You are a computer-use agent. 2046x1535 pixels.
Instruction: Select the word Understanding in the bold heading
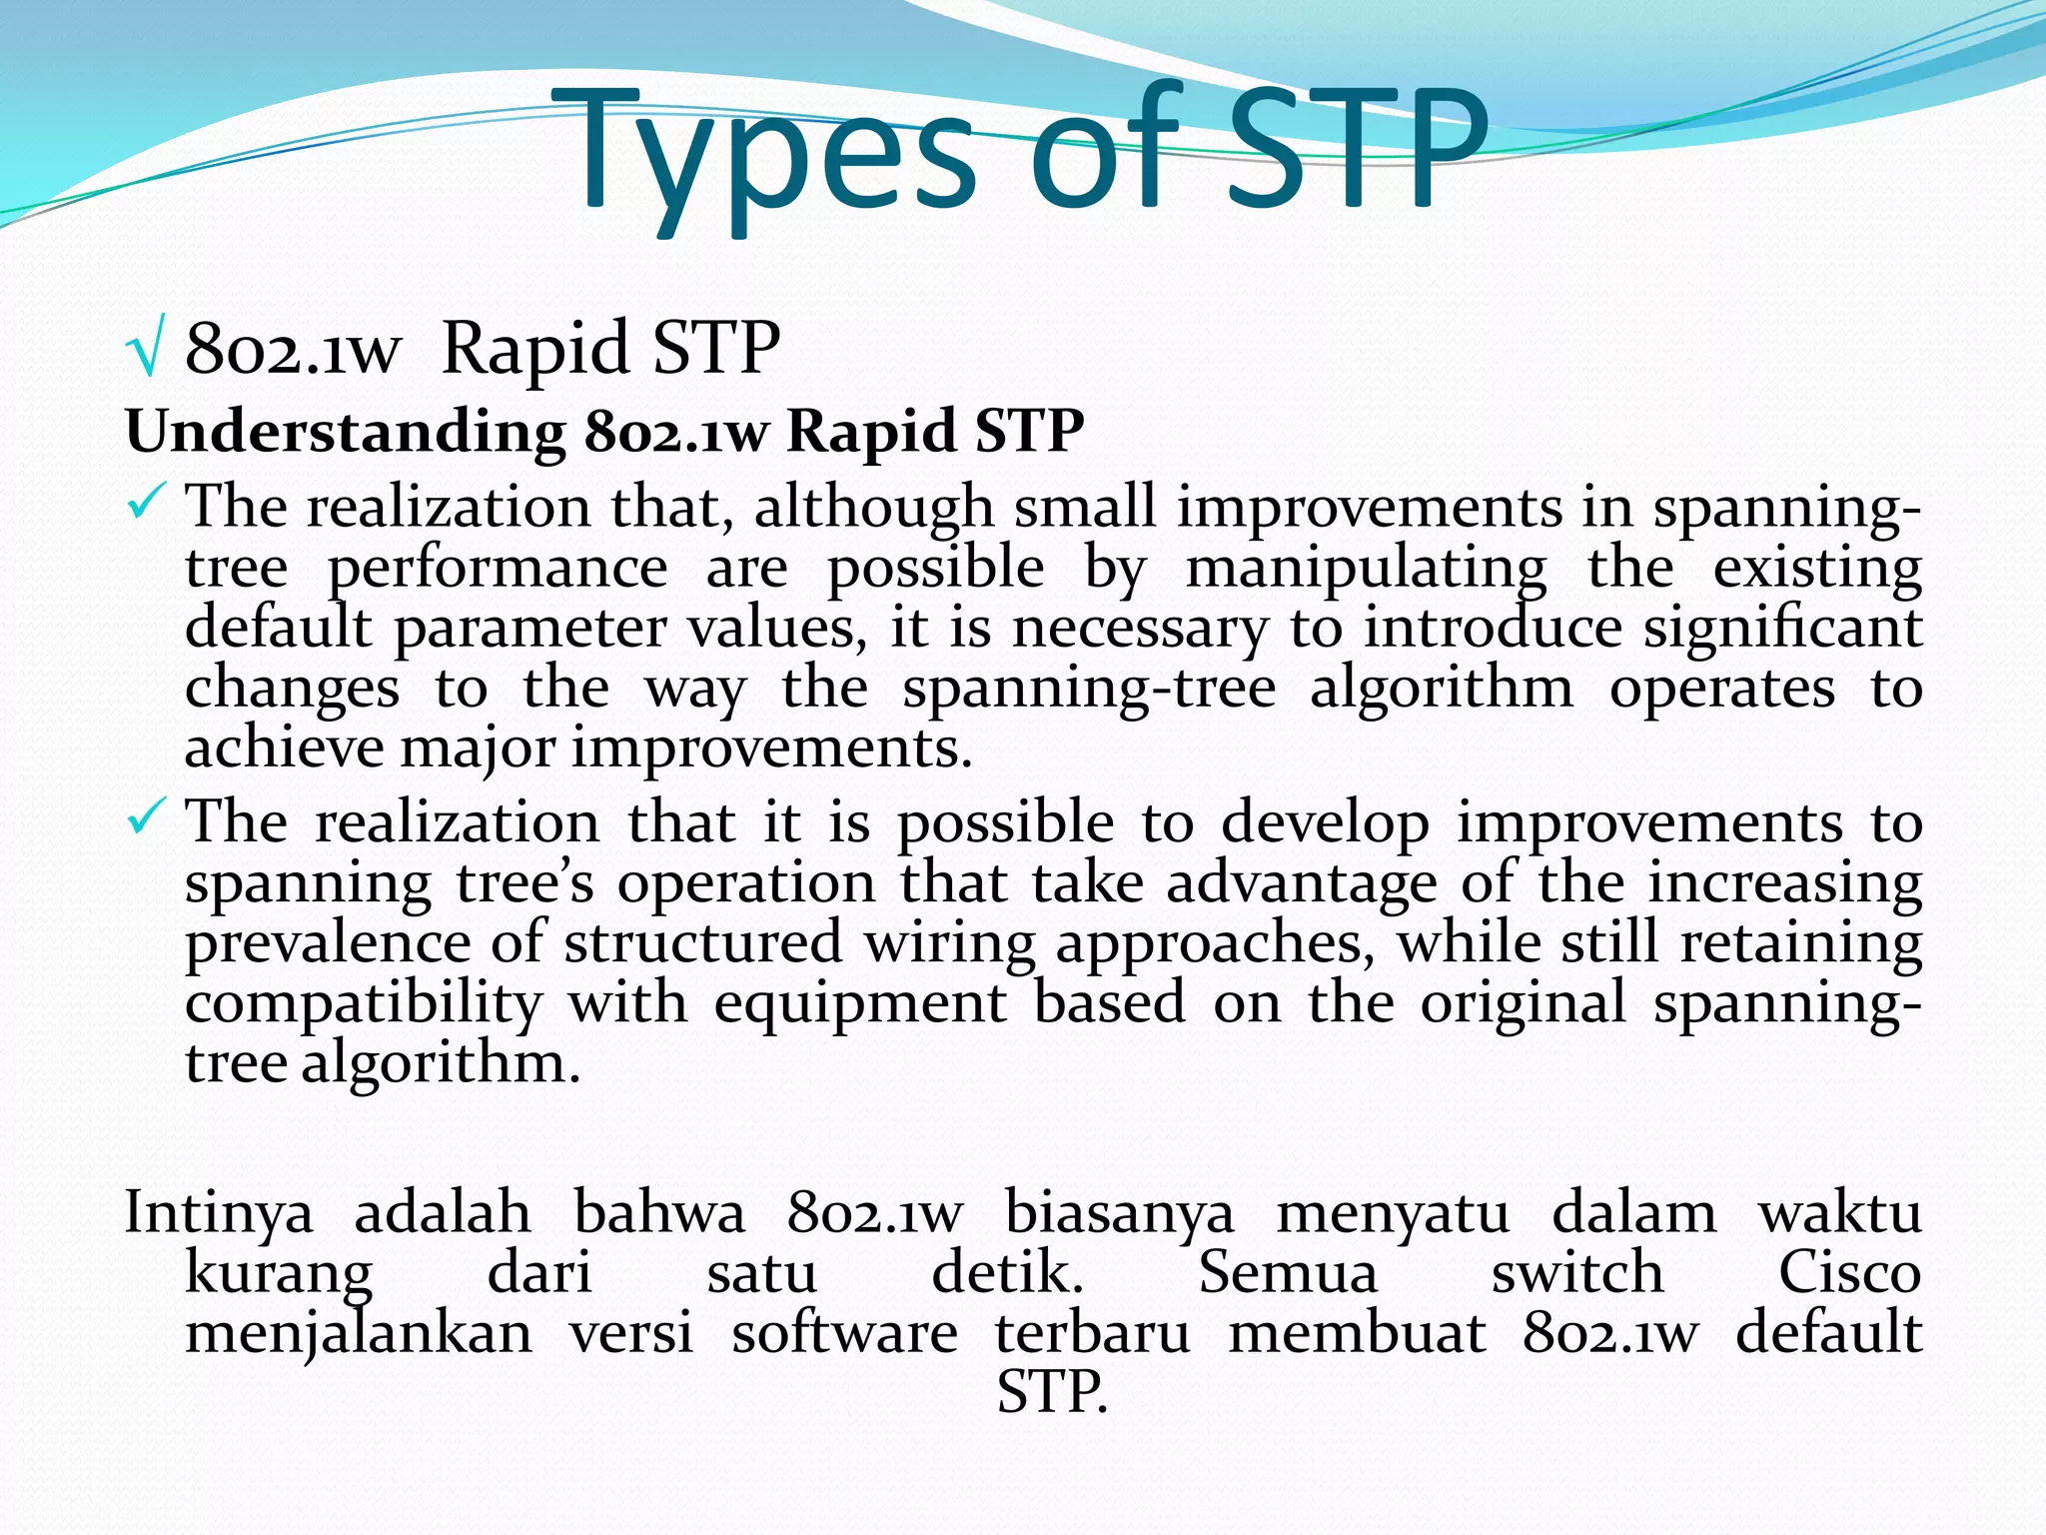point(345,433)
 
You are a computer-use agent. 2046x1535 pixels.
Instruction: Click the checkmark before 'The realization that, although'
point(146,502)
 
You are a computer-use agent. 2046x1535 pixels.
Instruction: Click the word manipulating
point(1366,570)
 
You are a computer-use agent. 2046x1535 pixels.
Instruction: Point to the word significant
point(1782,630)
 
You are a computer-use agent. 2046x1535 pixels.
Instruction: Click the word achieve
point(284,750)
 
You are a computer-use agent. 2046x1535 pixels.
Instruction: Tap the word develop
point(1326,825)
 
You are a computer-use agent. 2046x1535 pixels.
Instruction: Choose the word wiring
point(949,944)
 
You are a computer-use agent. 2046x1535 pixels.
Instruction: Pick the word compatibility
point(364,1003)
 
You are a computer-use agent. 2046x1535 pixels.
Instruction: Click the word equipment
point(860,1003)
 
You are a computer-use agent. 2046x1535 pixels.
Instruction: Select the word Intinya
point(219,1213)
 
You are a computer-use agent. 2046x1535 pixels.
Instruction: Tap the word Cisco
point(1849,1273)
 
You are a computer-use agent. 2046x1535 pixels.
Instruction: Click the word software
point(844,1333)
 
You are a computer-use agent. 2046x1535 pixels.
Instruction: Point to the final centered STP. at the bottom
point(1052,1392)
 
